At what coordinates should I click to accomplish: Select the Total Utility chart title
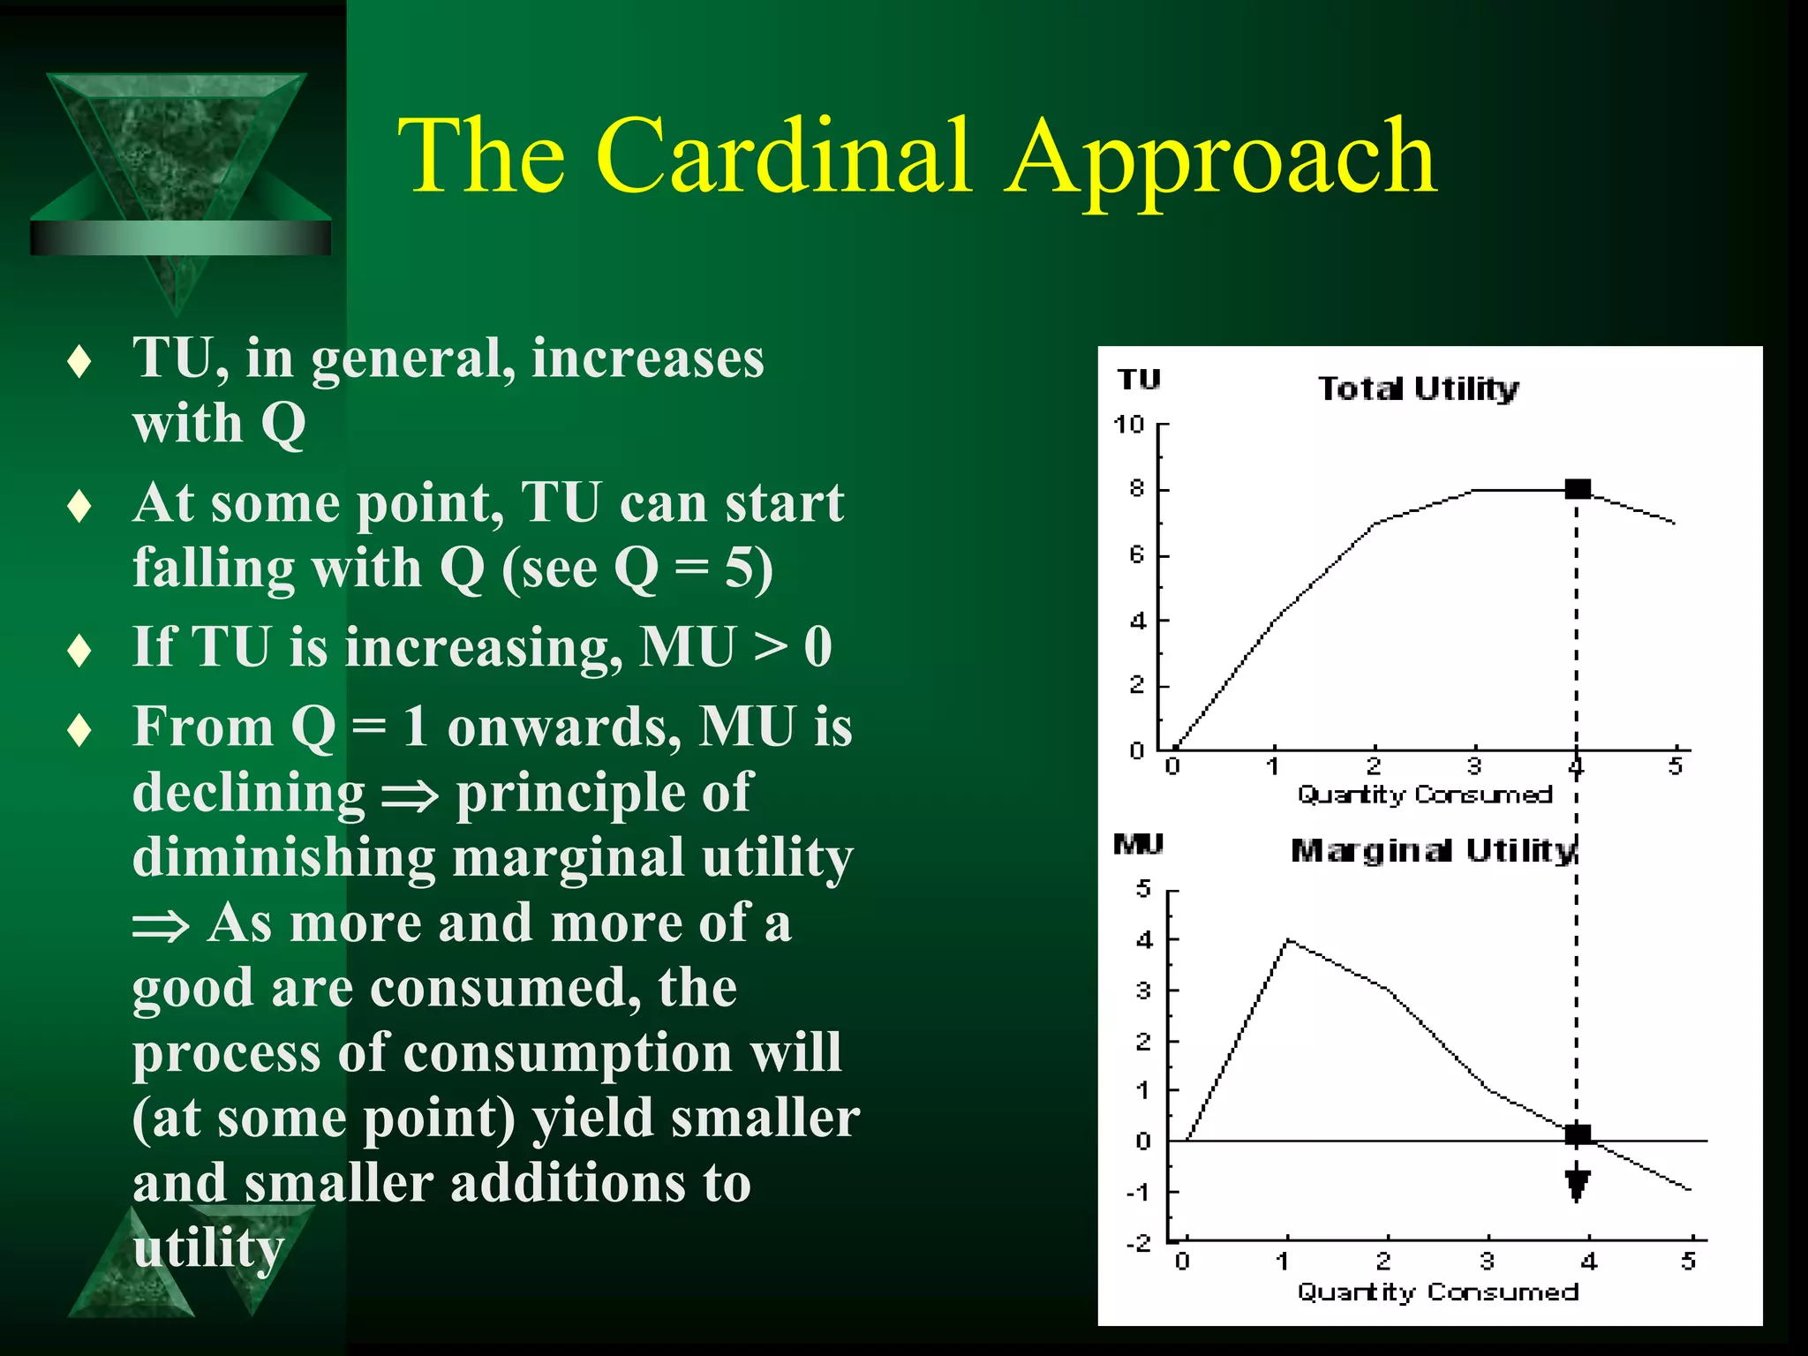[x=1418, y=388]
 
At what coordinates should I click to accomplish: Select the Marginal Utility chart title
[x=1432, y=850]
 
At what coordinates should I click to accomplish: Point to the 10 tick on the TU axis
[x=1129, y=425]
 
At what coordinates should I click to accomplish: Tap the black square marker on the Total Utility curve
[x=1578, y=489]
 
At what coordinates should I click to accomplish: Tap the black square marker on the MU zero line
[x=1578, y=1134]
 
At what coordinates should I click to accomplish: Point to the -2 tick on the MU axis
[x=1140, y=1243]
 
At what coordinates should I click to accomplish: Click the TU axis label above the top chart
[x=1139, y=380]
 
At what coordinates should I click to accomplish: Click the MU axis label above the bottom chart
[x=1138, y=844]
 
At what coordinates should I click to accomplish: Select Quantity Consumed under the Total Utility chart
[x=1424, y=795]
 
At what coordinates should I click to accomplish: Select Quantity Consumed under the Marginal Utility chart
[x=1436, y=1292]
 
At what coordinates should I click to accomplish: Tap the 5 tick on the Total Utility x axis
[x=1676, y=765]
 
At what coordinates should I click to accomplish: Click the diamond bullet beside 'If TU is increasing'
[x=79, y=651]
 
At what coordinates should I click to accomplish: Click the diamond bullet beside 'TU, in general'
[x=79, y=362]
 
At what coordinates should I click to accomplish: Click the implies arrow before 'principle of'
[x=410, y=795]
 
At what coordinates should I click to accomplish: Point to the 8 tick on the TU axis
[x=1137, y=489]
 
